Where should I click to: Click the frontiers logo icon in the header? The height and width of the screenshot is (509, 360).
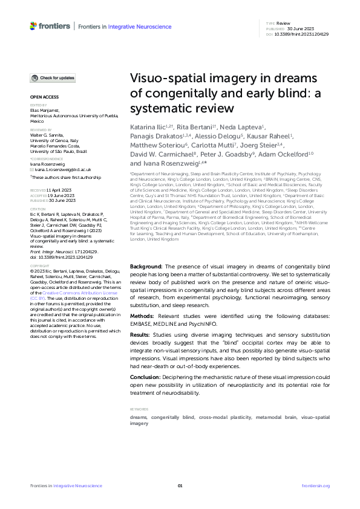[33, 26]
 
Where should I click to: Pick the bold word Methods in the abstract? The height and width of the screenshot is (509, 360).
[143, 316]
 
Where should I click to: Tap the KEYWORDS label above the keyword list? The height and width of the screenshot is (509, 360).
[140, 409]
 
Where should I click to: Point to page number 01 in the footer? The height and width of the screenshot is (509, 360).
[180, 485]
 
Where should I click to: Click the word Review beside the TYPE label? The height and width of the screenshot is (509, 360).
[283, 23]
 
